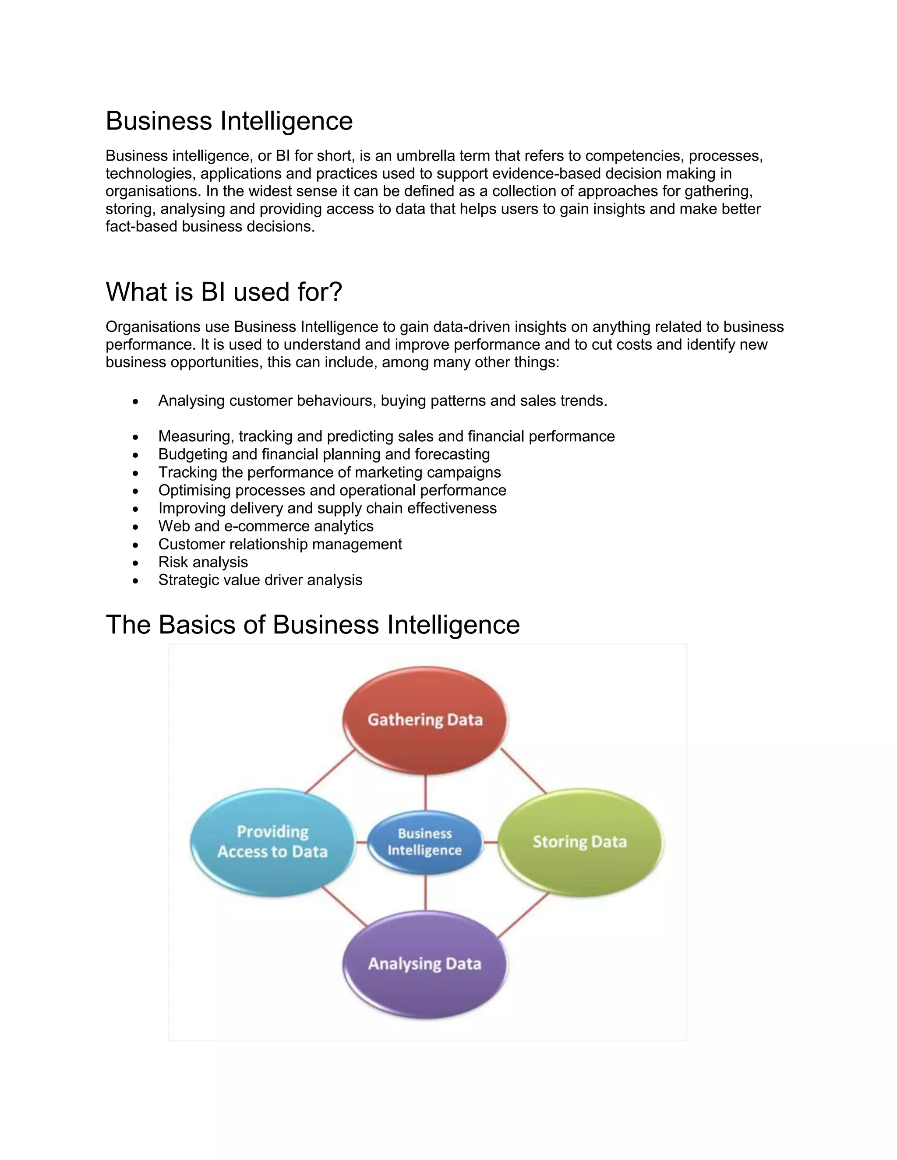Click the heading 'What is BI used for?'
coord(224,292)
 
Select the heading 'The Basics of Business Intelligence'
coord(312,624)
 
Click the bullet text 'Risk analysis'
coord(203,562)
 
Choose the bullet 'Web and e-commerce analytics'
coord(266,526)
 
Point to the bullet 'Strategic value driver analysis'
coord(261,580)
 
